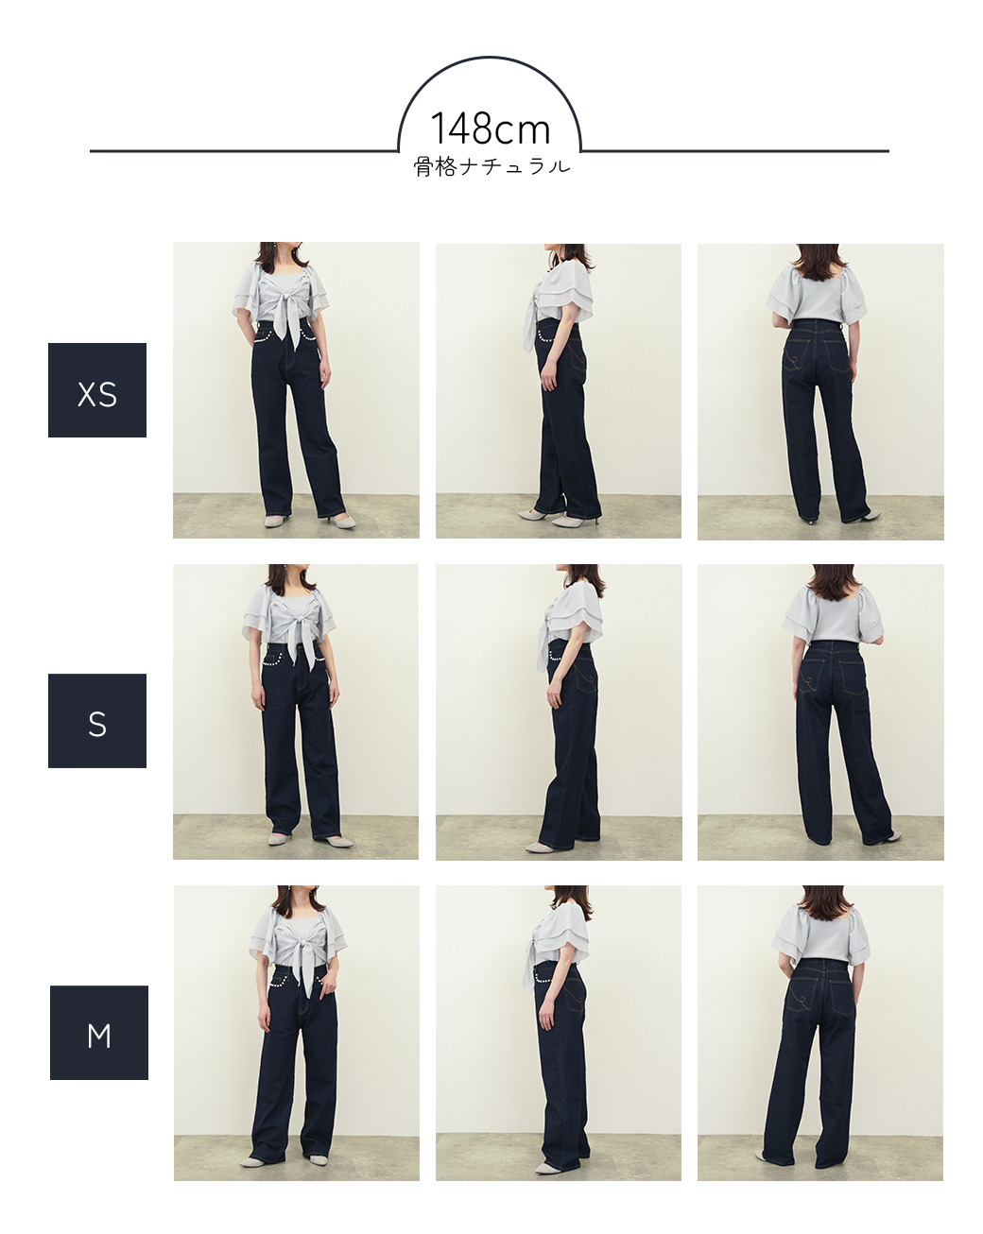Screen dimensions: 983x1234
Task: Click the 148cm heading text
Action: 490,129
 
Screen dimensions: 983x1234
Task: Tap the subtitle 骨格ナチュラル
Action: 491,167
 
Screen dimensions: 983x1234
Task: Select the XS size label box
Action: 97,390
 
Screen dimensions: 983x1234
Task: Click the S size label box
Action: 97,720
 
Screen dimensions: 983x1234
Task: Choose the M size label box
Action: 98,1032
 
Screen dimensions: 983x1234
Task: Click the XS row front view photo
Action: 296,390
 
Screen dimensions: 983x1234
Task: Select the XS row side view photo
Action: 559,391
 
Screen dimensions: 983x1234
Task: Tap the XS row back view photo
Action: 820,391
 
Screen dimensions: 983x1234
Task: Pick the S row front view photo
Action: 296,711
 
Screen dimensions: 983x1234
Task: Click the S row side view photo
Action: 559,712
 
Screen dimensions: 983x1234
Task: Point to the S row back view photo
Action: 820,712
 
